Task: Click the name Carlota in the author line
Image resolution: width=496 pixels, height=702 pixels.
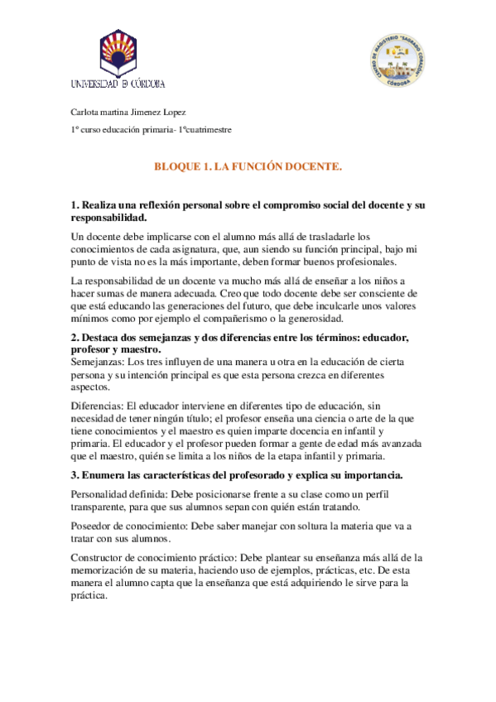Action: click(84, 112)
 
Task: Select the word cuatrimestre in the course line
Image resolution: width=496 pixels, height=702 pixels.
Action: click(207, 130)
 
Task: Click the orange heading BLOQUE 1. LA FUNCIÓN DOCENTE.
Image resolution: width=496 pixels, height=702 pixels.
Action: click(248, 166)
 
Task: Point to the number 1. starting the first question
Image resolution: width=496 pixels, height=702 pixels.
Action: click(75, 204)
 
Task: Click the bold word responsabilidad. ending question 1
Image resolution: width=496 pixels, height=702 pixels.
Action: click(108, 218)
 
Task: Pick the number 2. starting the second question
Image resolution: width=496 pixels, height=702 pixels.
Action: click(75, 338)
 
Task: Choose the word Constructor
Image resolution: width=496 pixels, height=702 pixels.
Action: click(99, 559)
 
